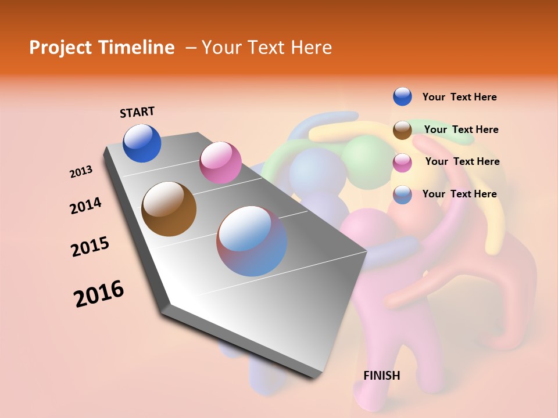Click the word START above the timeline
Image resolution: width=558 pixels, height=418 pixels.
point(137,112)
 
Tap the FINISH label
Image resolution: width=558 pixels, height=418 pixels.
point(381,376)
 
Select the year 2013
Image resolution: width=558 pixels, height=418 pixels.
point(81,172)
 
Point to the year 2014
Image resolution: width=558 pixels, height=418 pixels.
point(85,206)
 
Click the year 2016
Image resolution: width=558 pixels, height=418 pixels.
point(99,294)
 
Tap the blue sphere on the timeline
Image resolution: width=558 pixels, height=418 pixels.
point(142,143)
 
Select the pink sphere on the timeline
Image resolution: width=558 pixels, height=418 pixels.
point(220,162)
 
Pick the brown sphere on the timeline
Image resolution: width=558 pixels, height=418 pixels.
point(169,209)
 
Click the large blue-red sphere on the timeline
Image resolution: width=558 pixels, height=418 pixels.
point(251,241)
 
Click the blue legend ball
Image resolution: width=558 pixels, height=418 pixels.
point(402,96)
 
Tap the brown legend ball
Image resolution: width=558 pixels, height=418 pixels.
point(402,130)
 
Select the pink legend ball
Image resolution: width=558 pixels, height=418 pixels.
point(402,163)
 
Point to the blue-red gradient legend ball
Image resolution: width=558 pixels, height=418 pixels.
point(402,194)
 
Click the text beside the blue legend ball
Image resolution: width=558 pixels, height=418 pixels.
point(459,98)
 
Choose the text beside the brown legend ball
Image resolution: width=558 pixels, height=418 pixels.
point(461,129)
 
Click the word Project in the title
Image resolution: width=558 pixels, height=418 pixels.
point(60,48)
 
